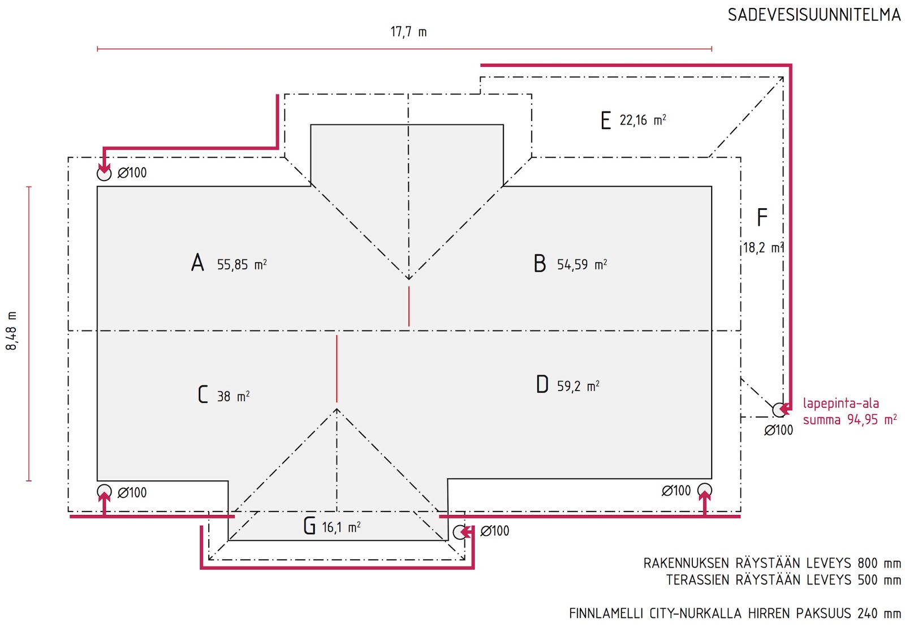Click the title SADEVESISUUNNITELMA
tap(814, 15)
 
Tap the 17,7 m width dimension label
tap(408, 32)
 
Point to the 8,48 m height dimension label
tap(12, 330)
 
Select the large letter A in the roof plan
tap(197, 263)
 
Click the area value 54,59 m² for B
tap(582, 265)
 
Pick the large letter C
tap(203, 394)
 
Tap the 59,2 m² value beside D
tap(578, 386)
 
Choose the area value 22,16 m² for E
tap(643, 120)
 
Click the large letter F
tap(762, 217)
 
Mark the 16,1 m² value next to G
tap(341, 527)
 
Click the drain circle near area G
tap(460, 532)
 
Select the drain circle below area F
tap(779, 410)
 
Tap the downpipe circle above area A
tap(104, 174)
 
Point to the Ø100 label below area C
tap(132, 492)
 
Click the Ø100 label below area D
tap(676, 491)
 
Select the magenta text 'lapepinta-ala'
tap(841, 403)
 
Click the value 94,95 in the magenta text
tap(862, 420)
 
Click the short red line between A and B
tap(409, 307)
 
